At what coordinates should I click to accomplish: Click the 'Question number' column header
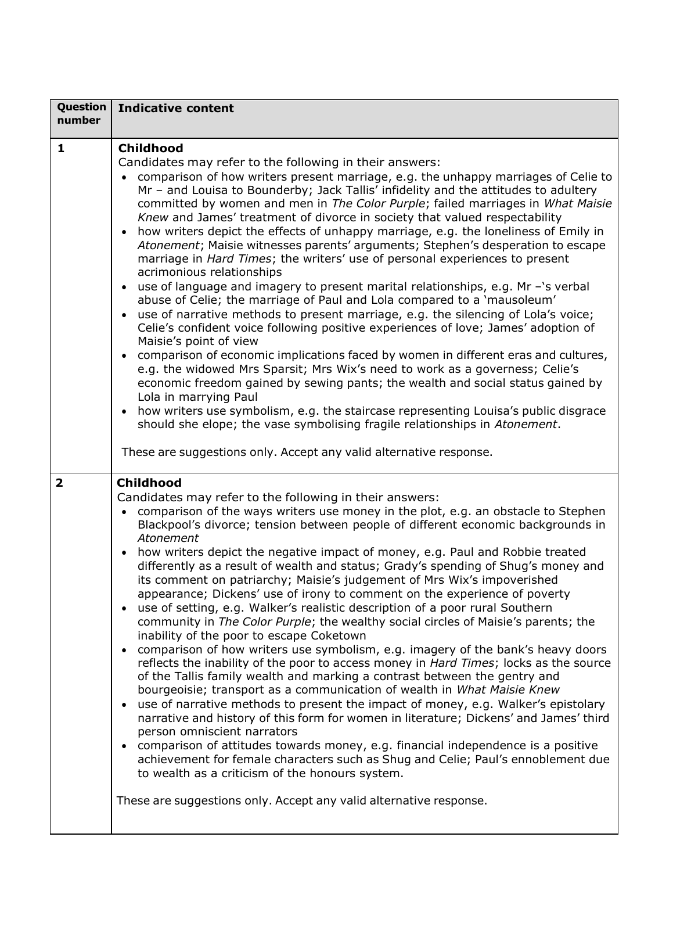81,114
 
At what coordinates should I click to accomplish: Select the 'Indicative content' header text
175,108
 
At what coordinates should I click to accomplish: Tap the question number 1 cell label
61,148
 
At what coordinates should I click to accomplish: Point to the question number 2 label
60,483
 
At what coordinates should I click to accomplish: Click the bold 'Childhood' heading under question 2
149,483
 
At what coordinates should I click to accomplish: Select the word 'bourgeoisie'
172,690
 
